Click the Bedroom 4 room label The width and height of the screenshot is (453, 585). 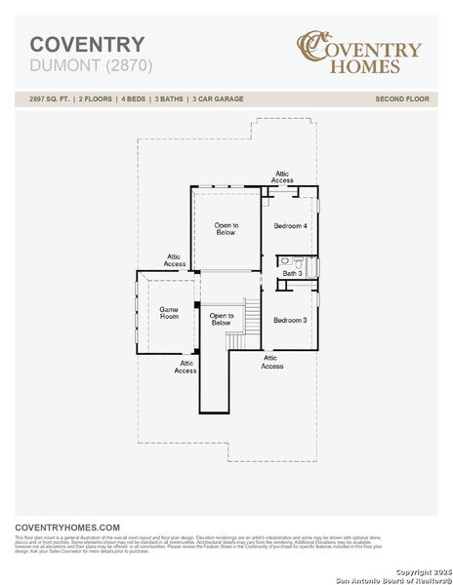pyautogui.click(x=290, y=226)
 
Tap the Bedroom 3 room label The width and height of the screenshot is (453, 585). pyautogui.click(x=290, y=321)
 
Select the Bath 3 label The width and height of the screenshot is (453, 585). pyautogui.click(x=292, y=274)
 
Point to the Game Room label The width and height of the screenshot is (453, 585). pyautogui.click(x=169, y=312)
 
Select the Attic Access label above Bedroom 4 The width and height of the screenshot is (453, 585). pyautogui.click(x=282, y=177)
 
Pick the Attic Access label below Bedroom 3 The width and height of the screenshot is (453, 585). pyautogui.click(x=272, y=362)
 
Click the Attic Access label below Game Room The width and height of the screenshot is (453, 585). pyautogui.click(x=185, y=367)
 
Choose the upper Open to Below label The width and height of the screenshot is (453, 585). pyautogui.click(x=226, y=229)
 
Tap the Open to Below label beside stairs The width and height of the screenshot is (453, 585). pyautogui.click(x=222, y=319)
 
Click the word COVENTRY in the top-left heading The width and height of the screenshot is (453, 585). pyautogui.click(x=87, y=44)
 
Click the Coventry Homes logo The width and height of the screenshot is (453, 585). pyautogui.click(x=359, y=54)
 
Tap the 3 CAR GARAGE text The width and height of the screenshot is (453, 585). pyautogui.click(x=217, y=99)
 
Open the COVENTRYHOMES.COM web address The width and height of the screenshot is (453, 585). pyautogui.click(x=67, y=526)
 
